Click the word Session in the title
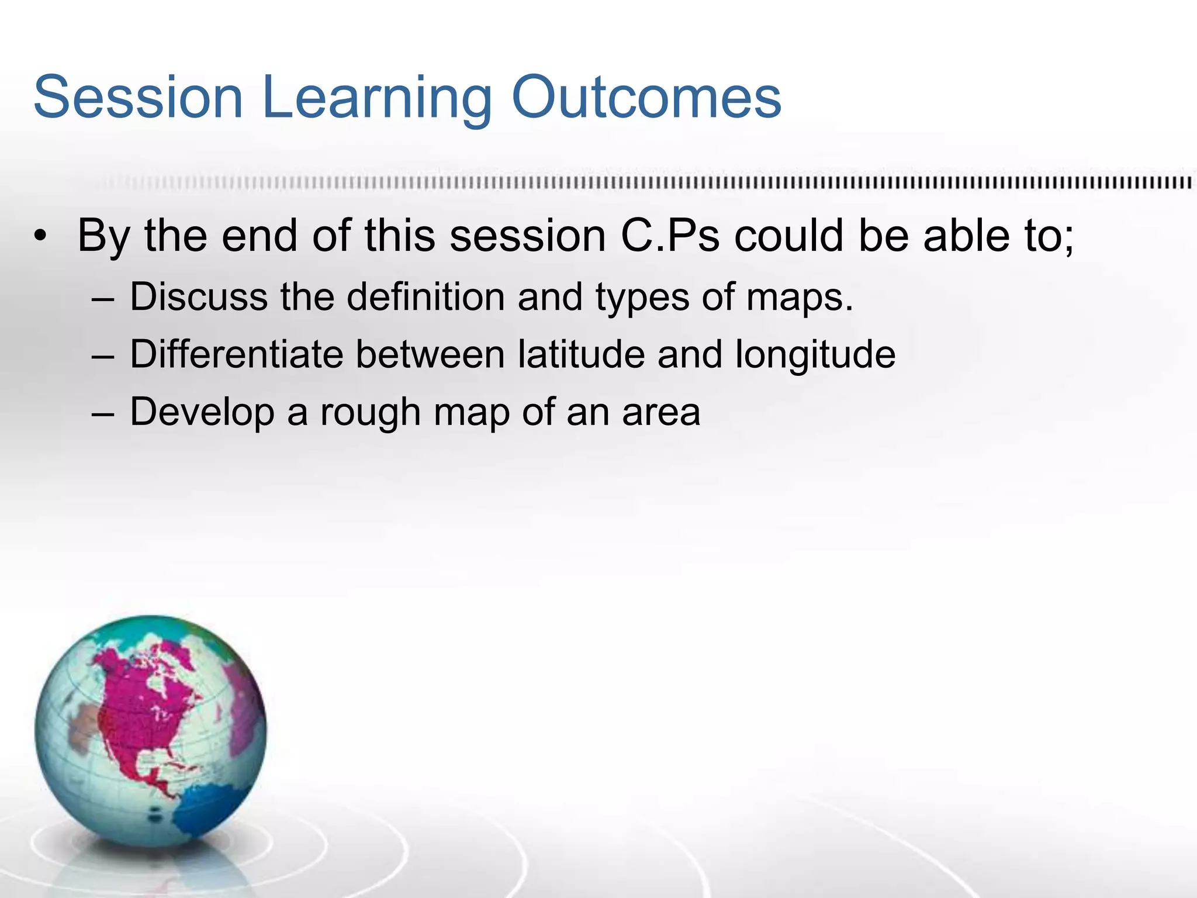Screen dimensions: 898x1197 138,97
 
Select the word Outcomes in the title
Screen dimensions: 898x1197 646,97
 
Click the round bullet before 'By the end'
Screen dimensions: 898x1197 39,237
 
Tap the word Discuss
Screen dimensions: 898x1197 199,296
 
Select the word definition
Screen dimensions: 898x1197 426,296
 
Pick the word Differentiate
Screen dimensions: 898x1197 236,354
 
